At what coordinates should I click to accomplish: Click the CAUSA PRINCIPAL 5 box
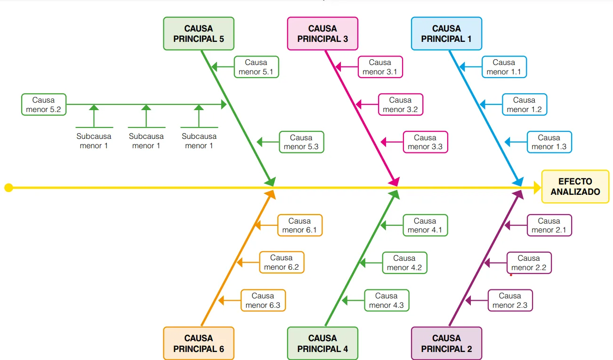tap(199, 34)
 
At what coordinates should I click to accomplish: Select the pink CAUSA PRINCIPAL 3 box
tap(323, 34)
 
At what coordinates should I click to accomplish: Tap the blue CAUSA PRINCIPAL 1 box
tap(447, 34)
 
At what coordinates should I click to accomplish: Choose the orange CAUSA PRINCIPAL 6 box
tap(199, 344)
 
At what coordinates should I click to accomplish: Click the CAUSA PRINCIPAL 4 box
tap(323, 344)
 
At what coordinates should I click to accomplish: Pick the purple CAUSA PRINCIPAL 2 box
tap(447, 344)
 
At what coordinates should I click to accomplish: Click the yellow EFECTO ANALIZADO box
tap(575, 186)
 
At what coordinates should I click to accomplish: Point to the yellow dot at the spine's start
tap(9, 188)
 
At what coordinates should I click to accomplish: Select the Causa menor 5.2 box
tap(44, 104)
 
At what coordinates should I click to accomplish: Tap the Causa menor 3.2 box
tap(401, 104)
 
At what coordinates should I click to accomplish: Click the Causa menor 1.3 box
tap(549, 142)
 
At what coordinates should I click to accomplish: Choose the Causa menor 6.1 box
tap(300, 225)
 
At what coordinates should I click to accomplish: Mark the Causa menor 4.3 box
tap(387, 300)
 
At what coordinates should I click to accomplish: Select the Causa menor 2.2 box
tap(529, 263)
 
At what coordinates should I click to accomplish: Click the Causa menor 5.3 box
tap(302, 142)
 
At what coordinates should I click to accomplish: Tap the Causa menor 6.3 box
tap(263, 300)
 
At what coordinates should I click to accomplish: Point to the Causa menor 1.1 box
tap(504, 67)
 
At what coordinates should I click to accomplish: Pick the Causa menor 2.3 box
tap(510, 300)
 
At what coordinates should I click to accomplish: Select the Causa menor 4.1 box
tap(425, 225)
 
